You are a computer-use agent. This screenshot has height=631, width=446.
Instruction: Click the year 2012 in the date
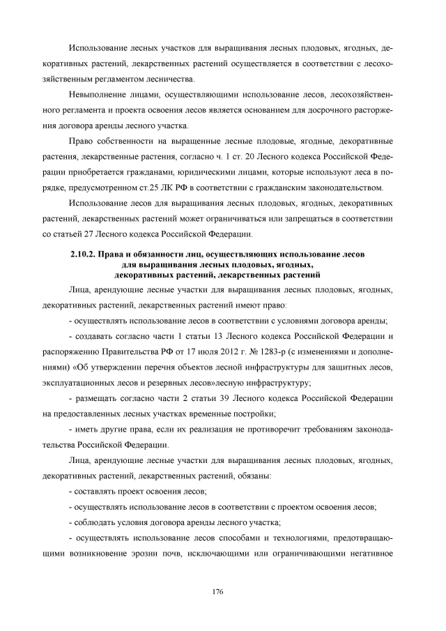[227, 352]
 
